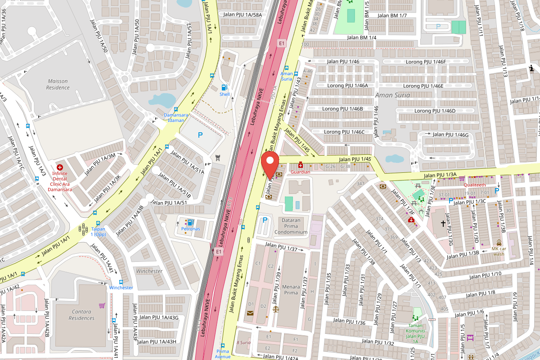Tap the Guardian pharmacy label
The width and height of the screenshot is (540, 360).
coord(301,172)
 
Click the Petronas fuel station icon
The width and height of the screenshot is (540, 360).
coord(190,222)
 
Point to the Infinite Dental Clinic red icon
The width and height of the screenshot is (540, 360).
coord(59,167)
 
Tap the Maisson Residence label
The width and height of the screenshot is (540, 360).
coord(58,84)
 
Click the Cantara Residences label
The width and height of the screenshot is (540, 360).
coord(81,315)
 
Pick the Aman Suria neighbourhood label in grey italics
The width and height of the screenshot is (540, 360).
coord(392,95)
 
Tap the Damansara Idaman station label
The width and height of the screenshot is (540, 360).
coord(174,117)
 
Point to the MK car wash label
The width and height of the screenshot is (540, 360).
coord(499,251)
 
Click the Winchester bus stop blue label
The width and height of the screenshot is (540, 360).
coord(121,288)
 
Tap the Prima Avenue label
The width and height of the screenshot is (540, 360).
coord(223,354)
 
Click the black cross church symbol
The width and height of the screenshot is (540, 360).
coord(443,223)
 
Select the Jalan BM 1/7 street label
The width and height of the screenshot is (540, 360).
coord(392,16)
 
